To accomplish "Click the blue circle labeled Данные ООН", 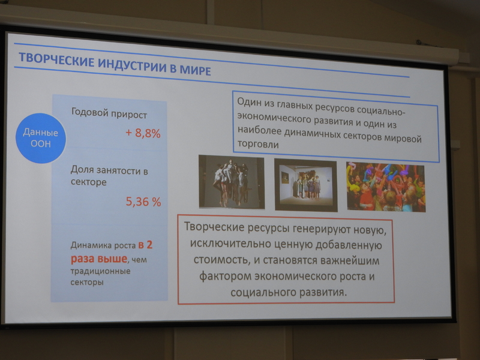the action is coord(41,138).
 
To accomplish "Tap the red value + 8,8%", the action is coord(143,133).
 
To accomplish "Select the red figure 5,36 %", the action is coord(143,202).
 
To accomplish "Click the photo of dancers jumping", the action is coord(232,182).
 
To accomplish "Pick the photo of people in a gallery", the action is coord(306,185).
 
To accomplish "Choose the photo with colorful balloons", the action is coord(386,187).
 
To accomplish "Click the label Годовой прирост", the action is coord(109,113).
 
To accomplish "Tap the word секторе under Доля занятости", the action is coord(88,182).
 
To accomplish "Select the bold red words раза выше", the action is coord(99,259).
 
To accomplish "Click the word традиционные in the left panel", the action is coord(100,271).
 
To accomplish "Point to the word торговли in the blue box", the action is coord(258,144).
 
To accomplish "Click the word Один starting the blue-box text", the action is coord(250,102).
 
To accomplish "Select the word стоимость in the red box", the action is coord(218,260).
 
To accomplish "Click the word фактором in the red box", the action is coord(226,277).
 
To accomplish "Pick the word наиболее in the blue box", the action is coord(259,130).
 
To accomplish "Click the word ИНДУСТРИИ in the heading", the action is coord(132,65).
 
